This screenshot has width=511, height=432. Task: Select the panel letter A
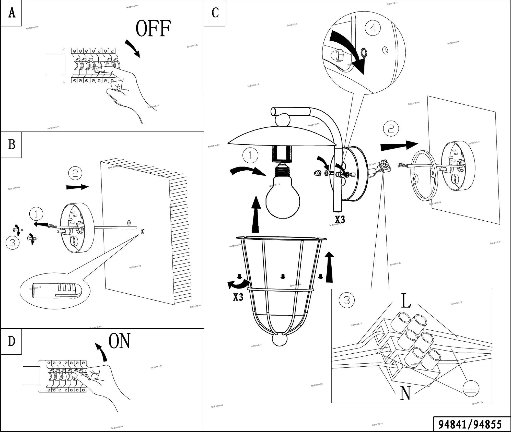tap(12, 13)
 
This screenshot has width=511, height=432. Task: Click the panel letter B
tap(11, 145)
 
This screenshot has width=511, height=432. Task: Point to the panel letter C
tap(215, 13)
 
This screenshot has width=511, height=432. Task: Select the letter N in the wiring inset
tap(405, 393)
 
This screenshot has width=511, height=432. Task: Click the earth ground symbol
tap(471, 389)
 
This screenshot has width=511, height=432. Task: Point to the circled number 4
tap(373, 28)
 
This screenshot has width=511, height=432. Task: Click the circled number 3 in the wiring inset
tap(346, 301)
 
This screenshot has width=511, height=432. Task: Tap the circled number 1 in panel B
tap(36, 214)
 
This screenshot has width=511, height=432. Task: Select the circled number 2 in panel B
tap(75, 173)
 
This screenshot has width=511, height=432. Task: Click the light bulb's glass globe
tap(283, 199)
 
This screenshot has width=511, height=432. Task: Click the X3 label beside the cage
tap(238, 297)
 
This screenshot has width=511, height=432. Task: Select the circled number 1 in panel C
tap(250, 155)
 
